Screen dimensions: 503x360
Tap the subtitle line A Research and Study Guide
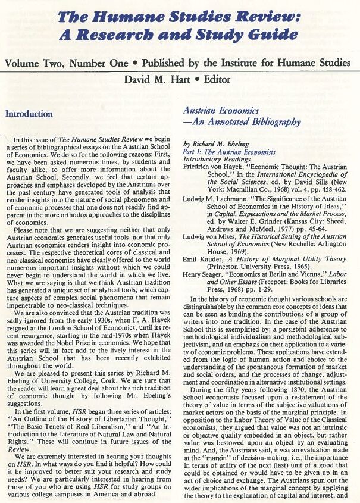click(x=180, y=34)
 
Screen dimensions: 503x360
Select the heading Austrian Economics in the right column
click(x=221, y=111)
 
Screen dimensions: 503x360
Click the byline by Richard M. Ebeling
click(x=219, y=144)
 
